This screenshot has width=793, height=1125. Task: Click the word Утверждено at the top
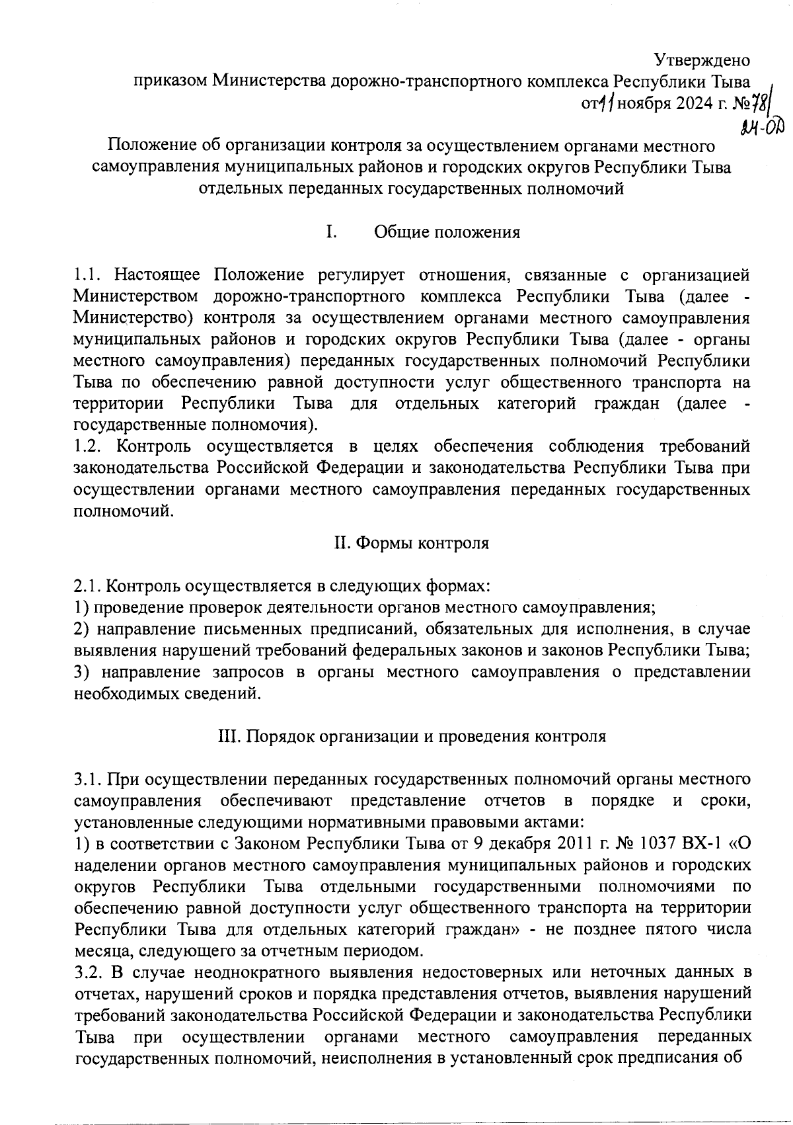702,60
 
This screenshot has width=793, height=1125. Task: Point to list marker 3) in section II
83,672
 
